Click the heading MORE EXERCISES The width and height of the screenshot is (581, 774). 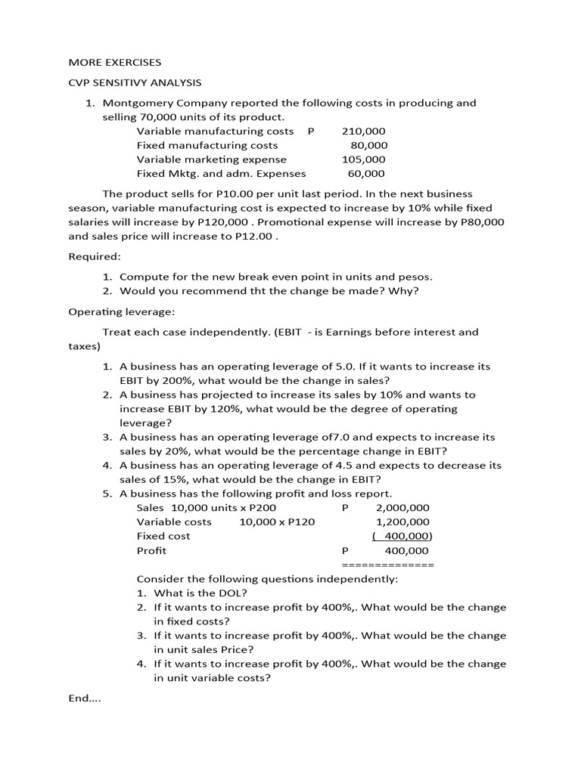point(115,62)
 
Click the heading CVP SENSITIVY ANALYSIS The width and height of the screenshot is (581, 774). point(135,82)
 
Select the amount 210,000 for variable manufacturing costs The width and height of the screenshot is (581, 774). point(364,131)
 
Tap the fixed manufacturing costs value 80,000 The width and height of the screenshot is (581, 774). point(368,145)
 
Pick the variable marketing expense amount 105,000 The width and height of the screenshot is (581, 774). point(364,159)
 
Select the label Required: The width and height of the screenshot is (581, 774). point(95,256)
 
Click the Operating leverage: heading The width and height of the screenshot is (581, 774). point(113,311)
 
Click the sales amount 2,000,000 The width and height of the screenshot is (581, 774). point(402,508)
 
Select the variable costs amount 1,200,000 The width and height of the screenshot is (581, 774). point(402,522)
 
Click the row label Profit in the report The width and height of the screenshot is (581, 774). point(151,551)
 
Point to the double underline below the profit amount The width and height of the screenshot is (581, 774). point(388,565)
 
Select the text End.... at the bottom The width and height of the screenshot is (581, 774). point(85,698)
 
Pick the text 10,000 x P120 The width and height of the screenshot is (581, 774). point(277,522)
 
